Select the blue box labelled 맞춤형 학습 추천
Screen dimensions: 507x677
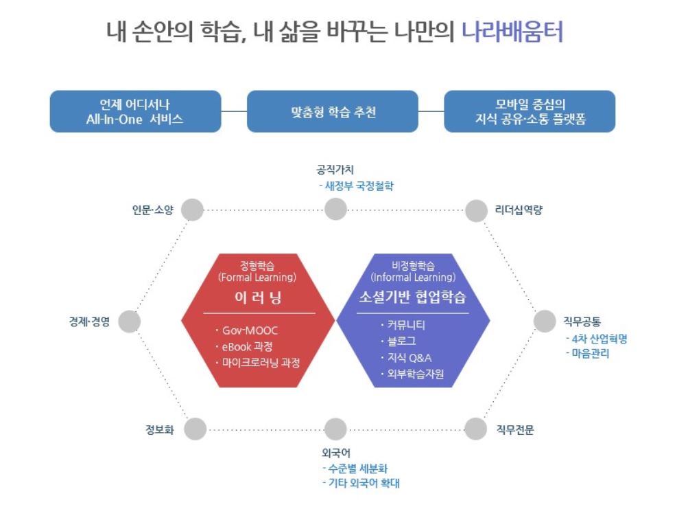tap(333, 111)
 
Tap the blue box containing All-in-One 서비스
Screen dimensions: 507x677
tap(135, 111)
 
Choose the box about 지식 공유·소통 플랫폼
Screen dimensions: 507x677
tap(530, 111)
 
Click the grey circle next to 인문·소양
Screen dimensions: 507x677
tap(193, 210)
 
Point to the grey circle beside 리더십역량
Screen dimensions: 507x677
tap(476, 210)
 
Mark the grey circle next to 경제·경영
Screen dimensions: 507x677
tap(129, 321)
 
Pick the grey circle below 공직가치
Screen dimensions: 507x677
tap(335, 209)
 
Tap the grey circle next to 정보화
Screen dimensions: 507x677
tap(195, 429)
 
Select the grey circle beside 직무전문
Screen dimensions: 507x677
tap(475, 429)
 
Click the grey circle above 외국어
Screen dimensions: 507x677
tap(335, 429)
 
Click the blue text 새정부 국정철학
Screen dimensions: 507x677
tap(359, 185)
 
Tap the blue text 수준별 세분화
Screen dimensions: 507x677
tap(362, 469)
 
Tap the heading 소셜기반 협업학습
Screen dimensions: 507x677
tap(412, 297)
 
